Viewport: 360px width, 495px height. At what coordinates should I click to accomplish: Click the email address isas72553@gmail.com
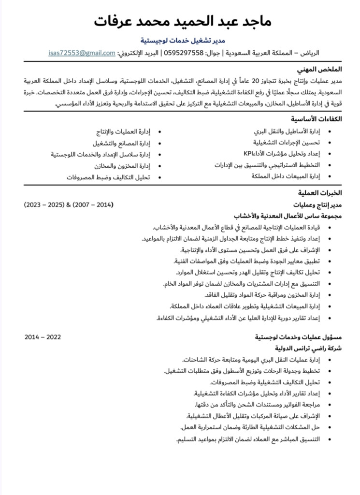82,53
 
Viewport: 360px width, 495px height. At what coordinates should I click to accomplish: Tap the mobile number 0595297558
186,53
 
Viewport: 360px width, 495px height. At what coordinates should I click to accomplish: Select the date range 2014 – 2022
43,337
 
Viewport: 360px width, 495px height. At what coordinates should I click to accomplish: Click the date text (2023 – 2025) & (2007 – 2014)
69,204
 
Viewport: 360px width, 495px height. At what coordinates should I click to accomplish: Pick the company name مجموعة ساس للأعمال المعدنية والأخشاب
288,216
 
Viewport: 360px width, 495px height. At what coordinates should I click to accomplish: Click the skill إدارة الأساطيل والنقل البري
287,131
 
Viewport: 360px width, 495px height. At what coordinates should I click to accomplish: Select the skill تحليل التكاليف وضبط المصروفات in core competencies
108,177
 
